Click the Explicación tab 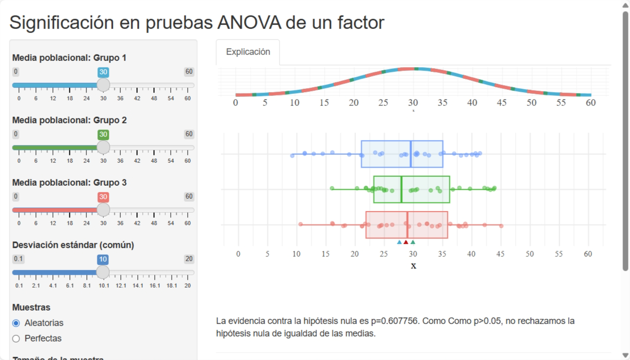click(x=248, y=52)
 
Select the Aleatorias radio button click(x=16, y=323)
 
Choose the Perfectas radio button click(x=16, y=339)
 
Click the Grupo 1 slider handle click(x=103, y=85)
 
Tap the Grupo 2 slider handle click(x=103, y=147)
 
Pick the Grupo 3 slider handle click(x=103, y=210)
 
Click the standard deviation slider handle click(x=103, y=272)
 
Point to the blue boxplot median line click(x=411, y=154)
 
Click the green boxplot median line click(x=401, y=189)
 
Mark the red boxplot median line click(x=408, y=225)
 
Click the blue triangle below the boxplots click(x=399, y=242)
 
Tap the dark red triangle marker click(x=406, y=242)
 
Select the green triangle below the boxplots click(x=413, y=242)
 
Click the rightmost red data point click(x=501, y=226)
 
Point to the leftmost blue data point click(x=292, y=156)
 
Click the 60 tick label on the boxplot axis click(x=588, y=254)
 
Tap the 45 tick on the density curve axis click(x=502, y=103)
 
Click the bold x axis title click(x=413, y=266)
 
